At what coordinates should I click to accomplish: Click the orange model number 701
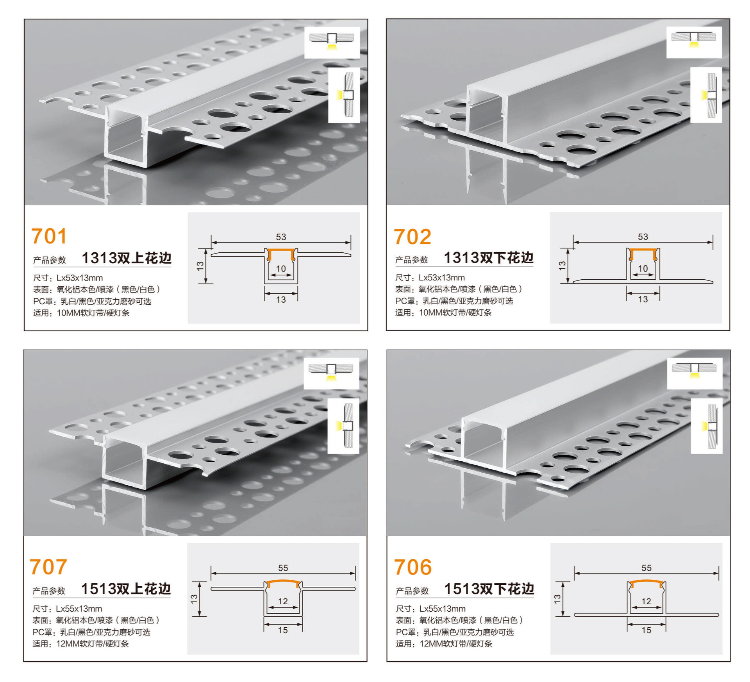[x=49, y=236]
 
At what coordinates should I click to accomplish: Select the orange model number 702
[x=412, y=237]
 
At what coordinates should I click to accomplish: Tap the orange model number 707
[x=48, y=567]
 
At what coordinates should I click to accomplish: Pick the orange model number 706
[x=413, y=567]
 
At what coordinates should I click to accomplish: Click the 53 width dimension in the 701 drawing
[x=281, y=237]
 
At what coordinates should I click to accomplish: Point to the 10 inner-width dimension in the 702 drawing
[x=643, y=269]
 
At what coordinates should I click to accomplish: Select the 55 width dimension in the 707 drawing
[x=283, y=568]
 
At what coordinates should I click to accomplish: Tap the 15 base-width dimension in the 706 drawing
[x=646, y=630]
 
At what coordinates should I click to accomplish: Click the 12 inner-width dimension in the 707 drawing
[x=283, y=601]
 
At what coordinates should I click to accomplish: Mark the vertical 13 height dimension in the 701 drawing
[x=200, y=266]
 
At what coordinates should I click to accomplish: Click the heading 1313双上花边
[x=126, y=258]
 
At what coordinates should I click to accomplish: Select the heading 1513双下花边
[x=489, y=589]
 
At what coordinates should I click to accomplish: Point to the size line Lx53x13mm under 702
[x=441, y=278]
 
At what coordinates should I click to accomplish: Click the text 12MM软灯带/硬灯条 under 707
[x=92, y=644]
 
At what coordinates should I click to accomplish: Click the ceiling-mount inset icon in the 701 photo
[x=332, y=42]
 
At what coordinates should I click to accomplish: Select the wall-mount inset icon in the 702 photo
[x=706, y=95]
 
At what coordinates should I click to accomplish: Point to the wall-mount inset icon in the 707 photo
[x=343, y=426]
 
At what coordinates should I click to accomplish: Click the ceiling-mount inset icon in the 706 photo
[x=694, y=373]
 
